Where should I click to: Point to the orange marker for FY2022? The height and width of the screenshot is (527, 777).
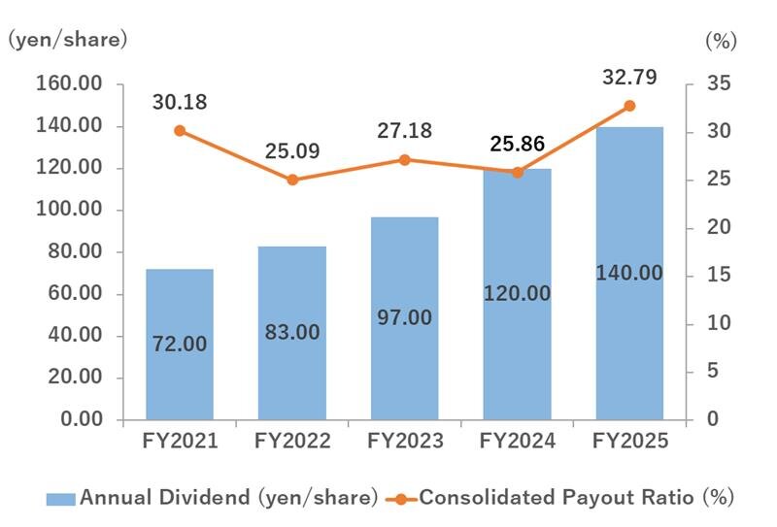292,180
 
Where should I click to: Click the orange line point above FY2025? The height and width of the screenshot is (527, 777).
629,106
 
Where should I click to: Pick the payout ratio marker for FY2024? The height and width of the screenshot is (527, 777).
518,172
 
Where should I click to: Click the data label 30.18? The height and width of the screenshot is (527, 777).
181,102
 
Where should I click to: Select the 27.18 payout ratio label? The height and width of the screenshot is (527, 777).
405,131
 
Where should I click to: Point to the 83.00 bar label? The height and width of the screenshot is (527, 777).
292,332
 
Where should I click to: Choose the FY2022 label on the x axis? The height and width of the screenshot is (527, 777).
292,442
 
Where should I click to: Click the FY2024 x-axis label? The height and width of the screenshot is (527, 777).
518,442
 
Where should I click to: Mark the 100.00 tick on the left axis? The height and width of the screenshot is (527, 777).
69,211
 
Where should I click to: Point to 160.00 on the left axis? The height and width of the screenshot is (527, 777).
69,84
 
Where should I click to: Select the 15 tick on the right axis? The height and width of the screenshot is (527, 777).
714,276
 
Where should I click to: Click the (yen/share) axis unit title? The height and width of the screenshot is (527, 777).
68,40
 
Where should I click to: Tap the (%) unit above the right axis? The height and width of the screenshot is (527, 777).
720,41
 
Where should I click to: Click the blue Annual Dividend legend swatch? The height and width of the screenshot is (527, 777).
60,499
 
